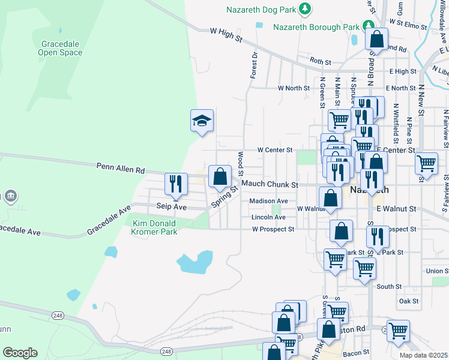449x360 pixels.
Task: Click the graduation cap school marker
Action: [x=202, y=121]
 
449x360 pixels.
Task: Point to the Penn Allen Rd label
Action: [x=120, y=167]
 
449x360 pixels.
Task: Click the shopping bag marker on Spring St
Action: [x=220, y=176]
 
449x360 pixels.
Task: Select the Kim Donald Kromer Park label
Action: [x=154, y=227]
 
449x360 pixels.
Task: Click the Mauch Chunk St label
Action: [x=270, y=185]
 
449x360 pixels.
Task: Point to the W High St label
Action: [x=226, y=34]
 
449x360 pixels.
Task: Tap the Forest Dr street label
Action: [x=253, y=65]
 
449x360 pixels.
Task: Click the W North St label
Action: [x=293, y=88]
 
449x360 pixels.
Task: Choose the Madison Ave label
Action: [x=268, y=201]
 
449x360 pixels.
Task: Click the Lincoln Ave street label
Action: [x=268, y=217]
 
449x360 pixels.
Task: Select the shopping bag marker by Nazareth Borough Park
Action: [x=376, y=40]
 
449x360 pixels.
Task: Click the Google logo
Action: [x=20, y=353]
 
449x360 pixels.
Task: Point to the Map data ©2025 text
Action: [x=423, y=355]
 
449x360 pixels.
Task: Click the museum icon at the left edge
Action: [x=11, y=196]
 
